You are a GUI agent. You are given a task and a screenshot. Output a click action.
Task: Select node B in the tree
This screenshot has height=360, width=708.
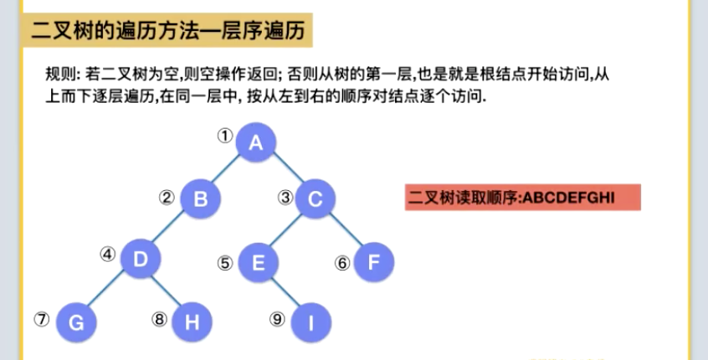pyautogui.click(x=199, y=199)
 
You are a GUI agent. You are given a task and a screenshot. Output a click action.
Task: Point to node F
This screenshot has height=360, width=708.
pyautogui.click(x=373, y=263)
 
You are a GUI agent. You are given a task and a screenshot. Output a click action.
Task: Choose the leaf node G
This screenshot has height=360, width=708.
pyautogui.click(x=76, y=322)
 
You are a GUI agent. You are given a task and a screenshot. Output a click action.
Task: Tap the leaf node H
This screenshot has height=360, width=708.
pyautogui.click(x=192, y=322)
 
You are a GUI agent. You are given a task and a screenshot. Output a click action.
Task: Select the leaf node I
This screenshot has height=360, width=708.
pyautogui.click(x=310, y=322)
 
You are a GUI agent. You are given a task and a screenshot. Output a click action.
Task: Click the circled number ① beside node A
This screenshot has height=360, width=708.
pyautogui.click(x=223, y=134)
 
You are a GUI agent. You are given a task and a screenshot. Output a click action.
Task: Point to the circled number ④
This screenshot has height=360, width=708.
pyautogui.click(x=107, y=253)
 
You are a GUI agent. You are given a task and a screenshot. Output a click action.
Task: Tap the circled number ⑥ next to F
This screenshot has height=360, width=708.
pyautogui.click(x=341, y=262)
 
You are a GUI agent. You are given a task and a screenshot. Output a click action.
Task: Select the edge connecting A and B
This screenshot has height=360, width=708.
pyautogui.click(x=228, y=171)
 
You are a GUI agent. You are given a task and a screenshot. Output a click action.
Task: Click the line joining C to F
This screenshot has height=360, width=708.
pyautogui.click(x=344, y=231)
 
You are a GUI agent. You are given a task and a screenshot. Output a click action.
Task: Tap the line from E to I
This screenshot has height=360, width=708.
pyautogui.click(x=285, y=293)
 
